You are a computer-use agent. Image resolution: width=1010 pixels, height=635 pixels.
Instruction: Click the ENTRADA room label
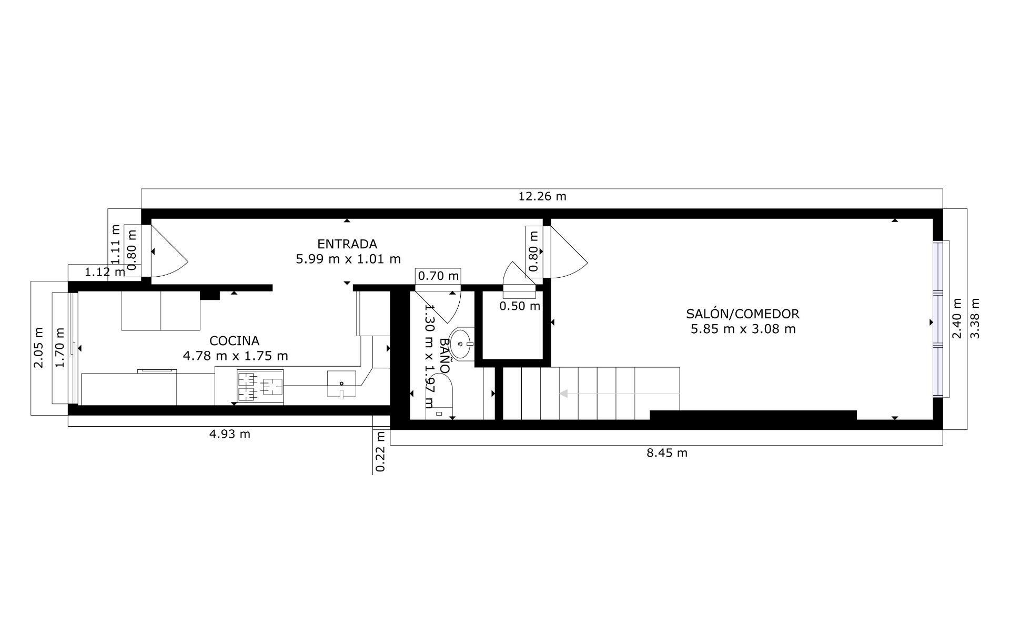(347, 244)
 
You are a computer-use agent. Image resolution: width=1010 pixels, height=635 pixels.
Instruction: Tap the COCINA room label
(235, 341)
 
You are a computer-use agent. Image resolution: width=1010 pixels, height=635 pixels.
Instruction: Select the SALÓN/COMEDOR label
(743, 314)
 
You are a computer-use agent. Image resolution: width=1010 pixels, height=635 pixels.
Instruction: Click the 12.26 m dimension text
(542, 197)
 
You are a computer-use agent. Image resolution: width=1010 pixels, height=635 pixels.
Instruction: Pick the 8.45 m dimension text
(667, 453)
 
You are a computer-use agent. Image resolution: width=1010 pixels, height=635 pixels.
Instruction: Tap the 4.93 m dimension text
(230, 434)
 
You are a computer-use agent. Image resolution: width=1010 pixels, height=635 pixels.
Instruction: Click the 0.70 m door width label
(438, 276)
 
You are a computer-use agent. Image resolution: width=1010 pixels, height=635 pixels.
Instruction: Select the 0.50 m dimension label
(520, 306)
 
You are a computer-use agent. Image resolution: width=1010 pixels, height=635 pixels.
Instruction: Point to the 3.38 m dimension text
(975, 318)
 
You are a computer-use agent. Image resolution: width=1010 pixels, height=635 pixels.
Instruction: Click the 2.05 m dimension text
(38, 348)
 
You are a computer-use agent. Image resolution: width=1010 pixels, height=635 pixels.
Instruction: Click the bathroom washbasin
(462, 344)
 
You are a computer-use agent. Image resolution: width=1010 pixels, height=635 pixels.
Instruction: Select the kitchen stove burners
(260, 387)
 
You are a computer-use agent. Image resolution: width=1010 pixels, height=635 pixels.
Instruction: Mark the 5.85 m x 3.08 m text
(743, 329)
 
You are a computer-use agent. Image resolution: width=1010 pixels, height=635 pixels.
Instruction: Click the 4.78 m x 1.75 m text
(235, 356)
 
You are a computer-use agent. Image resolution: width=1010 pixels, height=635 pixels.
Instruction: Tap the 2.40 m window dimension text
(957, 318)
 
